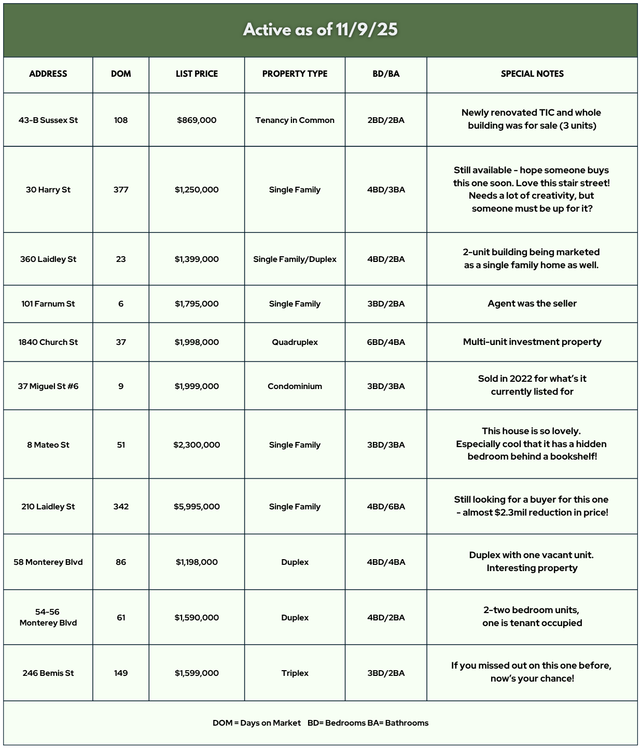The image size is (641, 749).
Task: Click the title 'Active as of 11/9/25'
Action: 320,30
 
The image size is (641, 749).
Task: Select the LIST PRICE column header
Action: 197,74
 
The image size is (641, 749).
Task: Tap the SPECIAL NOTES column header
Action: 532,74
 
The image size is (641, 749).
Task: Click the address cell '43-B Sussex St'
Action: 48,120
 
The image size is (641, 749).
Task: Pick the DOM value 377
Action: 121,189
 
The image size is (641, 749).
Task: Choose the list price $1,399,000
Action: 197,259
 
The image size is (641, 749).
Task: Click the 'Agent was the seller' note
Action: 532,303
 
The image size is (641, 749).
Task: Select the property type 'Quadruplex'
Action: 295,342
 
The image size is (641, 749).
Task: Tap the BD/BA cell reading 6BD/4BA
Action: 386,342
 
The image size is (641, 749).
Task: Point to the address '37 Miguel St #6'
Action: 48,386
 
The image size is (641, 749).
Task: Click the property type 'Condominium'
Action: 295,386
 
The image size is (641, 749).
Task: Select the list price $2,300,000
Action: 197,445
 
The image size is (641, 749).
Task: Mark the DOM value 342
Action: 121,506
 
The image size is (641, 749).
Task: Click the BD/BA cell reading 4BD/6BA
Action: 386,506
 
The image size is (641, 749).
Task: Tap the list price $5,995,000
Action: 197,506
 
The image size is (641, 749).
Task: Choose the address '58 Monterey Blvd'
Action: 48,562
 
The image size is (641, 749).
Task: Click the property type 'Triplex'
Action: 295,673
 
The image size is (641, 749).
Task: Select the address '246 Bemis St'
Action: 48,673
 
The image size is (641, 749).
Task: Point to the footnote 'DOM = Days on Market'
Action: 256,723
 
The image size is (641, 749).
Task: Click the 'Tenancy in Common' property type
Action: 295,120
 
